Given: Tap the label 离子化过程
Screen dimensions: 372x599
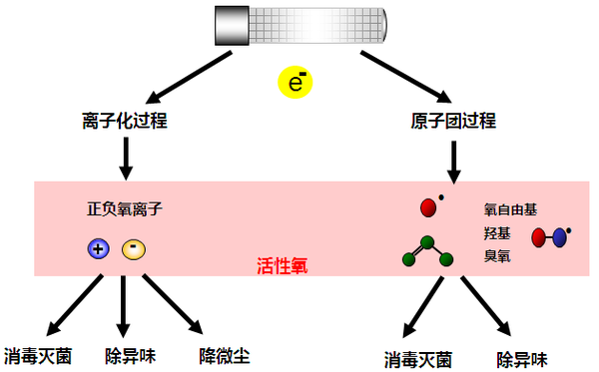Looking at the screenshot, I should tap(124, 122).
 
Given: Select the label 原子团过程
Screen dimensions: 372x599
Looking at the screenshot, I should tap(454, 122).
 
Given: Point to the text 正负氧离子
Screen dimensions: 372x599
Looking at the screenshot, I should tap(125, 210).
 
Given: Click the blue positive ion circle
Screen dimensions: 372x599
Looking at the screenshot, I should tap(97, 249).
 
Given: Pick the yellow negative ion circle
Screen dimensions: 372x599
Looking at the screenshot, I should tap(133, 249).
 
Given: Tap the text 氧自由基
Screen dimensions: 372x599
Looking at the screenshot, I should tap(510, 210).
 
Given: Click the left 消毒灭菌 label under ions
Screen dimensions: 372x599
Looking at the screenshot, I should tap(38, 354).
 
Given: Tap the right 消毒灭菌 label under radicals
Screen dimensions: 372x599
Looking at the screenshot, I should tap(418, 359).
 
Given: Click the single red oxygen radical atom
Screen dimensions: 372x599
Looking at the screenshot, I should tap(429, 207).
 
